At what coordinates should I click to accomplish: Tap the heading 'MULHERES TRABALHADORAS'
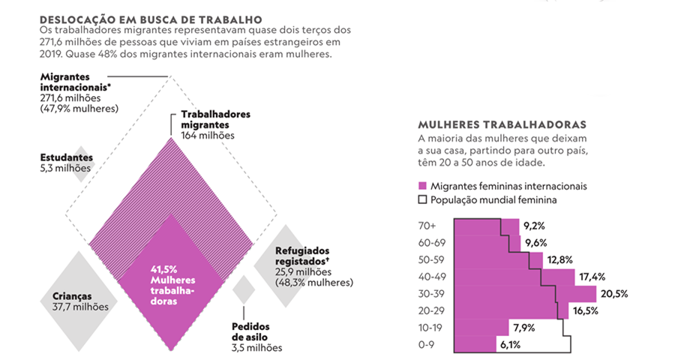click(x=502, y=124)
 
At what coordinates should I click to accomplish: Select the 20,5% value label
click(x=613, y=293)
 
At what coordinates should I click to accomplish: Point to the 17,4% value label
click(x=592, y=277)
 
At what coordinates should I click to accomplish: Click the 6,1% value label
click(x=508, y=345)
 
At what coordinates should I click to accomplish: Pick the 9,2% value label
click(x=534, y=225)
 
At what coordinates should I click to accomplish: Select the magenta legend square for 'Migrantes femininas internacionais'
click(x=422, y=185)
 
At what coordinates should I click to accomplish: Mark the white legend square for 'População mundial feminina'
click(x=422, y=200)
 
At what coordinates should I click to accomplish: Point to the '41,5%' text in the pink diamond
click(x=165, y=268)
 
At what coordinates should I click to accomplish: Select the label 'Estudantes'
click(x=66, y=158)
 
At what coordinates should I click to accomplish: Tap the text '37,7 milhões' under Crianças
click(x=80, y=306)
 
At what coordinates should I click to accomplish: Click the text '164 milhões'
click(x=208, y=136)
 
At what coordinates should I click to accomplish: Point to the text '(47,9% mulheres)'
click(x=79, y=108)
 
